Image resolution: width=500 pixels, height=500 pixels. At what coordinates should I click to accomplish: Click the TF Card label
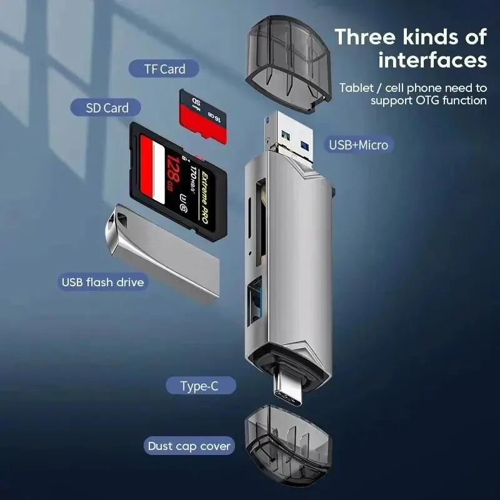tap(164, 69)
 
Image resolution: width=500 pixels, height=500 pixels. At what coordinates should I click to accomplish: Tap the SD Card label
tap(107, 107)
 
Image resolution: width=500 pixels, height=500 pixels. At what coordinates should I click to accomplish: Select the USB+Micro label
tap(358, 145)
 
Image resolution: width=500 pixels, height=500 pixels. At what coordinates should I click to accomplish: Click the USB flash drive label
tap(102, 282)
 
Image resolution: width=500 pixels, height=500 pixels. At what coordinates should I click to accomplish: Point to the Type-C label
tap(199, 386)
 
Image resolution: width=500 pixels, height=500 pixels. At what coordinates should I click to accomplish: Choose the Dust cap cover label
tap(189, 446)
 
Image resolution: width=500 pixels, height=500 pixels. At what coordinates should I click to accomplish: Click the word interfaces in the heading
tap(432, 61)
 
